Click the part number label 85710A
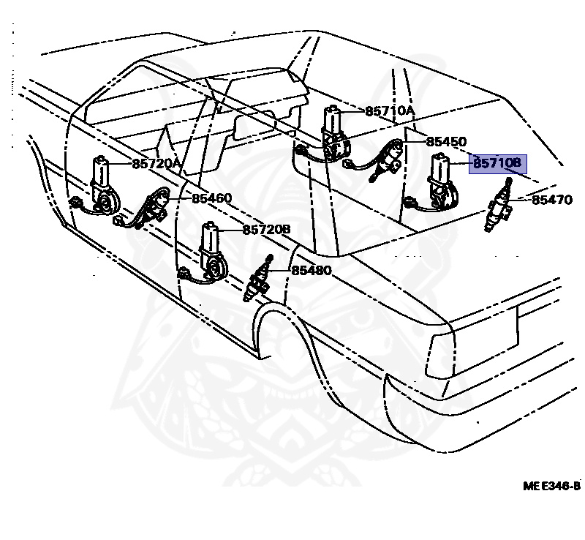(389, 111)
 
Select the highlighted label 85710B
(497, 164)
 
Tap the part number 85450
(446, 141)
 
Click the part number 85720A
(156, 164)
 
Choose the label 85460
(212, 198)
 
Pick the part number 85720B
(266, 230)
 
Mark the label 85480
(312, 271)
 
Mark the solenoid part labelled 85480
(259, 281)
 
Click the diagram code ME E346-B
(551, 486)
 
